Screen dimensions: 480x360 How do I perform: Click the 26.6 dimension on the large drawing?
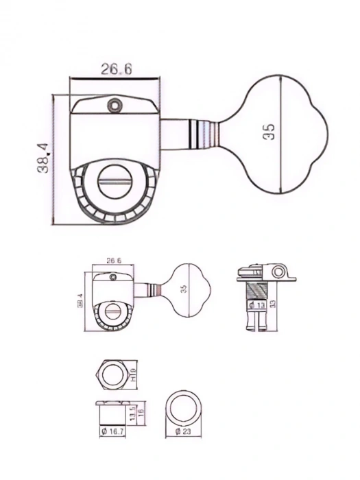(x=115, y=69)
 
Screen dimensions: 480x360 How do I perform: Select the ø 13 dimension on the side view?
(x=258, y=304)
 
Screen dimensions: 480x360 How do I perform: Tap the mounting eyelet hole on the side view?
(x=280, y=272)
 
